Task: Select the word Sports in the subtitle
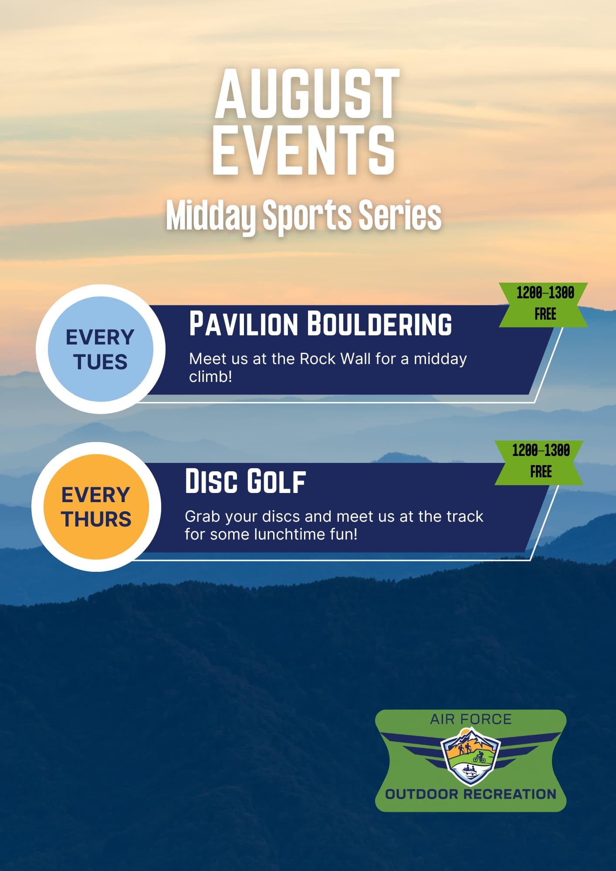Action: pyautogui.click(x=307, y=216)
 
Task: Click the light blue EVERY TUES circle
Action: pyautogui.click(x=101, y=349)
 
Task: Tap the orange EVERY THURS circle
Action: pyautogui.click(x=96, y=506)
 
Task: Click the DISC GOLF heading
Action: pyautogui.click(x=245, y=481)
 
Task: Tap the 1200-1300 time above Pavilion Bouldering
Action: pyautogui.click(x=545, y=293)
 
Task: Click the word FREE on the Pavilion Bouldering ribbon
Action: pyautogui.click(x=545, y=314)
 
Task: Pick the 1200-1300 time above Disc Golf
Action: pyautogui.click(x=541, y=450)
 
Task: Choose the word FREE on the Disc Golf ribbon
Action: pyautogui.click(x=541, y=472)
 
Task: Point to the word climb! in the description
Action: pyautogui.click(x=210, y=377)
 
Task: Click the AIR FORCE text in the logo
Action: pyautogui.click(x=471, y=719)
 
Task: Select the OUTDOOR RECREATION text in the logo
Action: pyautogui.click(x=471, y=794)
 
